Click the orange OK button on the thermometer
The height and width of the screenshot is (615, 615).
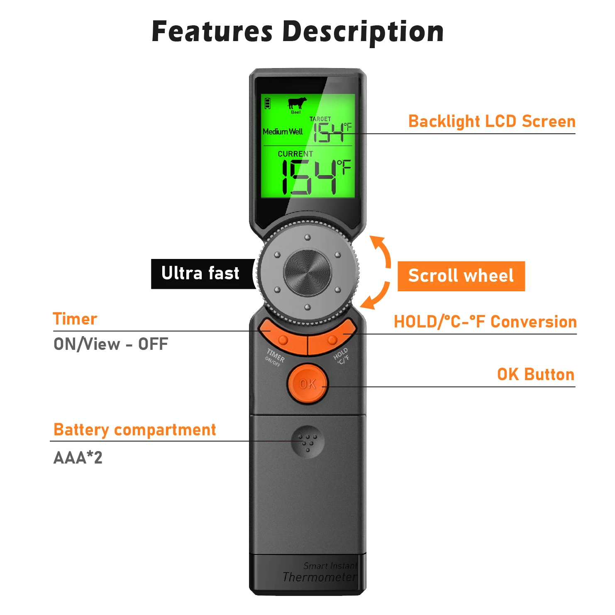[307, 384]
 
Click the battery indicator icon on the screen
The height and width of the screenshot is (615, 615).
[268, 103]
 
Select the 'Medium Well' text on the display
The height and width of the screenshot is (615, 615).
[283, 132]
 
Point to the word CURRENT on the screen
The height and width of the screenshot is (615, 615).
[295, 154]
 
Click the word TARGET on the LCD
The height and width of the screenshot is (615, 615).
[320, 119]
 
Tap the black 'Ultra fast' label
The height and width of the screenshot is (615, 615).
[200, 273]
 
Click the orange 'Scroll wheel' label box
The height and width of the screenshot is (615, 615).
[461, 276]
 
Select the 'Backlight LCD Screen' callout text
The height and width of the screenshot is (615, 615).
[492, 122]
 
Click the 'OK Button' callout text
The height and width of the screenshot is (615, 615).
[536, 374]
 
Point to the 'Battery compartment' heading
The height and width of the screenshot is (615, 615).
[135, 430]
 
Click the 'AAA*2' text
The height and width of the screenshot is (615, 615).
[78, 458]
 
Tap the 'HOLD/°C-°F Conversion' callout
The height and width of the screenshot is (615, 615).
[485, 322]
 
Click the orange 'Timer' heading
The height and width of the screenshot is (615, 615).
[75, 319]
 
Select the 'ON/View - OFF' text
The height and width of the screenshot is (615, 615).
[111, 344]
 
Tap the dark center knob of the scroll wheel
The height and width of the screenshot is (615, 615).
[307, 273]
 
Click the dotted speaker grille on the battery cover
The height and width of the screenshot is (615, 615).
[307, 442]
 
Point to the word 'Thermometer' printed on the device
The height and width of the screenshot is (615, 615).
[320, 577]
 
